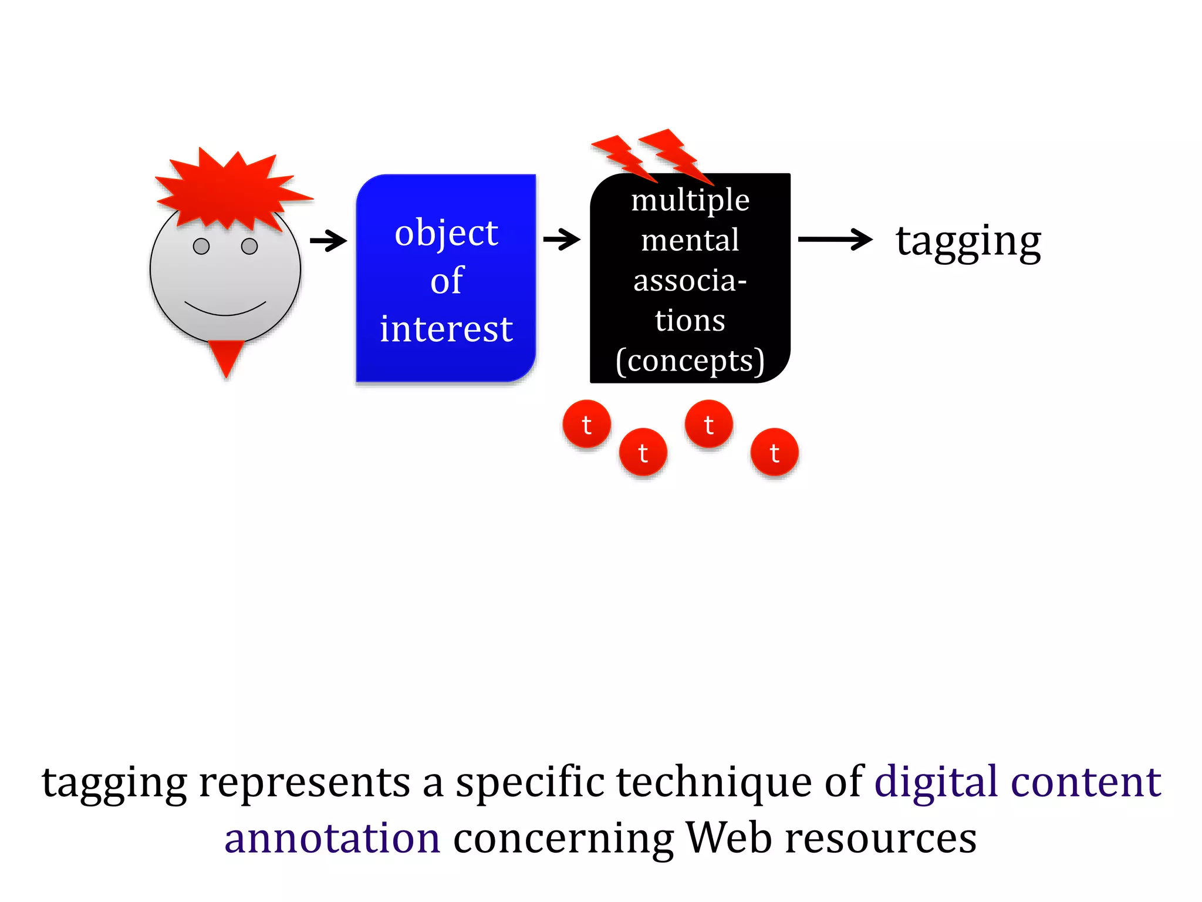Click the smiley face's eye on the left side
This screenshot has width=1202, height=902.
coord(201,246)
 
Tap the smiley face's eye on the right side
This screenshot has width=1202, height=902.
coord(249,246)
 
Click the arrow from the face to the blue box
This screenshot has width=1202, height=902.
coord(329,240)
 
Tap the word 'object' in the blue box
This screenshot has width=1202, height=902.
coord(446,233)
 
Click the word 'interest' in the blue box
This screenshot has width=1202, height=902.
coord(446,329)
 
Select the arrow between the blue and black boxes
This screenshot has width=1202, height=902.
coord(562,239)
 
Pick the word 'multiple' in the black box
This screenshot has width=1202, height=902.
coord(690,201)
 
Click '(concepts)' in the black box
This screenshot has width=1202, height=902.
coord(690,361)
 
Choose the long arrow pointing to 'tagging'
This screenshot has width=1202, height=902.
coord(835,239)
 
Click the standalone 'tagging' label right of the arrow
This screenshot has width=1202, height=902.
coord(968,242)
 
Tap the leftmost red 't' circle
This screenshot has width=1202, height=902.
coord(586,424)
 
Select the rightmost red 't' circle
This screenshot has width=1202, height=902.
coord(774,452)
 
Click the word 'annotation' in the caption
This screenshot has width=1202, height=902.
coord(332,838)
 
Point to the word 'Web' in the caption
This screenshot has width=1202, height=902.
coord(728,838)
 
